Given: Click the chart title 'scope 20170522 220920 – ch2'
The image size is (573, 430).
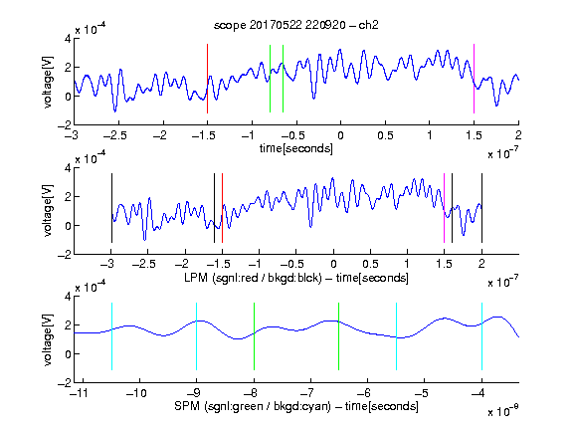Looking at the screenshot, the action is pos(296,25).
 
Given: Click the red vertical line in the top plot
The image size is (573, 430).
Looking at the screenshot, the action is pos(207,79).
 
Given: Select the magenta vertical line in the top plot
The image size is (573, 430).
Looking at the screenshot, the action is pos(474,79).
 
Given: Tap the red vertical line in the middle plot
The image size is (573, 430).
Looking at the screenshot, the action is pos(222,208).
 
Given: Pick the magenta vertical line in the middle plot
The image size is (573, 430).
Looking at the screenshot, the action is pos(444,208).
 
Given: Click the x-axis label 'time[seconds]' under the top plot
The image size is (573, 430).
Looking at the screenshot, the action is pos(296,148).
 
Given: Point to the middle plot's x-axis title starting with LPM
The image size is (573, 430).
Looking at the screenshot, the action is pos(296,278).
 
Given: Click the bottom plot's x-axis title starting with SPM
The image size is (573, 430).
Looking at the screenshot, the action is pos(296,406).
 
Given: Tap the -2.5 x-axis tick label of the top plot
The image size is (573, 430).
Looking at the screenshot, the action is pos(115,135).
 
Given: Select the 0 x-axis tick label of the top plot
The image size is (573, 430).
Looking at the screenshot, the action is pos(340,135).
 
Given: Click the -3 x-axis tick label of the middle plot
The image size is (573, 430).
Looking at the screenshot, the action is pos(108,264).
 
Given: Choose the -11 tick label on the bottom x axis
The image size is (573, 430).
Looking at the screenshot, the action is pos(80,393).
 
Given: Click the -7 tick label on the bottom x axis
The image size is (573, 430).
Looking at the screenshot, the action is pos(307,393).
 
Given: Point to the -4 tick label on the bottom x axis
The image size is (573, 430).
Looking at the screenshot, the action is pos(477,393).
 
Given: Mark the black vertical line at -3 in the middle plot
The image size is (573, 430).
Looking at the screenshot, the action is pos(111,208).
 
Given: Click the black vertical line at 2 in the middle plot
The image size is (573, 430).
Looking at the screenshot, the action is pos(481,208).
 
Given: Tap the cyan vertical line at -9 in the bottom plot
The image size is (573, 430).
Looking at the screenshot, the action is pos(196,336).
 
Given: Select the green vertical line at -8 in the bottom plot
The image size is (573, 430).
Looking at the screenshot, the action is pos(254,336).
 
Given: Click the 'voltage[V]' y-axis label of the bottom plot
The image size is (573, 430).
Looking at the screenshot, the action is pos(48,339).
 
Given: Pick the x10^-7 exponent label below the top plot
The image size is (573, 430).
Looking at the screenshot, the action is pos(503,153).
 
